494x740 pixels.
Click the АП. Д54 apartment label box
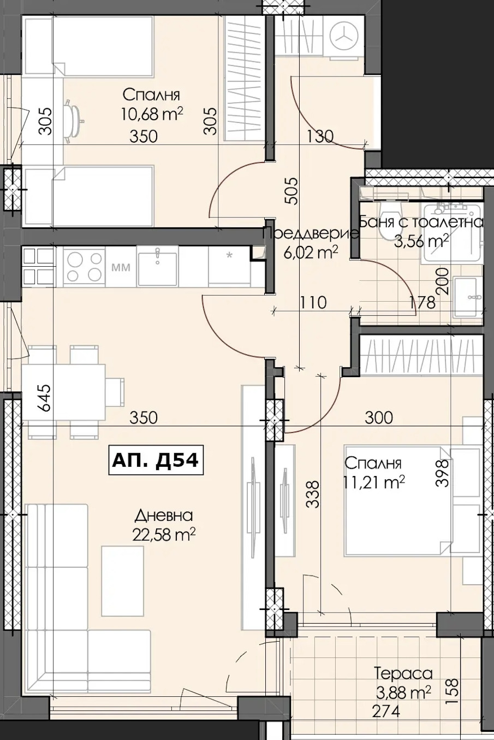(x=156, y=460)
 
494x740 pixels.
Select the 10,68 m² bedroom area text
(x=151, y=114)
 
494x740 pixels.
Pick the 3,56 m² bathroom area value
(x=421, y=241)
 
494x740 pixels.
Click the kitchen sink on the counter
(x=158, y=266)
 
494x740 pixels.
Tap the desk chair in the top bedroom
(x=73, y=121)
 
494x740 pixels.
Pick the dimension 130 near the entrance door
(x=320, y=136)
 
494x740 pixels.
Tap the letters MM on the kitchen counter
(x=121, y=267)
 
